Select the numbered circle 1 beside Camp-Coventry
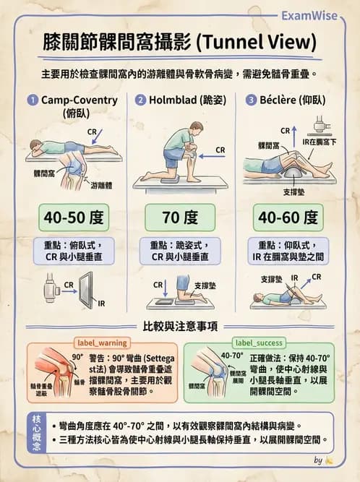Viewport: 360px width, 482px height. point(32,100)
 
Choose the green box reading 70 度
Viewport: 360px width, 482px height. point(180,218)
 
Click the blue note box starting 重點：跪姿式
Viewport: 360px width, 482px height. point(180,251)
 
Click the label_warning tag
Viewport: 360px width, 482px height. point(102,343)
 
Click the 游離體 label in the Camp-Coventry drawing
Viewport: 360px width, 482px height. point(102,186)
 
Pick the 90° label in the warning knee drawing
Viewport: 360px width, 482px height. point(77,357)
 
